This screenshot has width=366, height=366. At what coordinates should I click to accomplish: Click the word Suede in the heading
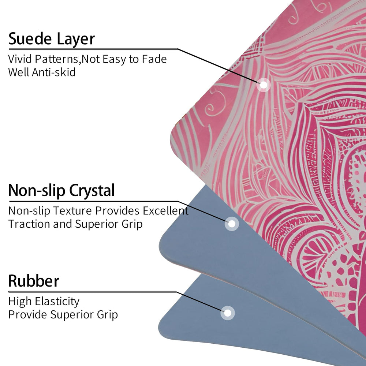coord(30,38)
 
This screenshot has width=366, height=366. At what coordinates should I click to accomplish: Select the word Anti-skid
coord(54,72)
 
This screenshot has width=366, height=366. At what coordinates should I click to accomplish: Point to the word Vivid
coord(20,59)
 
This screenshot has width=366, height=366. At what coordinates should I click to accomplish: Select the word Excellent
coord(165,210)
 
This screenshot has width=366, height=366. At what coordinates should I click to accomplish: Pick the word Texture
coord(72,210)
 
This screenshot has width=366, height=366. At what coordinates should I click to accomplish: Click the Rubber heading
coord(34,281)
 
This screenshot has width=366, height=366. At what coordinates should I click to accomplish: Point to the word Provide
coord(28,314)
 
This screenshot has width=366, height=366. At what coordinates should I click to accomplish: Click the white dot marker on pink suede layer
coord(264,85)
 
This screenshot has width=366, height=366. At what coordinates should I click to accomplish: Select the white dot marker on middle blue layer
coord(232,224)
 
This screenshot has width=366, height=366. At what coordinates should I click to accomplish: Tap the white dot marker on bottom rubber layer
coord(228,313)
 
